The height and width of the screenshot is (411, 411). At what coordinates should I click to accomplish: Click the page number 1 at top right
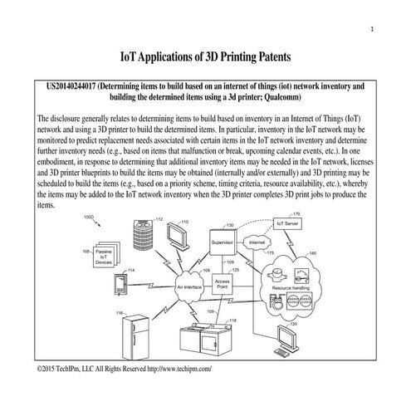[372, 31]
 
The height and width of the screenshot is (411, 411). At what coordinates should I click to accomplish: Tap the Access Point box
[223, 285]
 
